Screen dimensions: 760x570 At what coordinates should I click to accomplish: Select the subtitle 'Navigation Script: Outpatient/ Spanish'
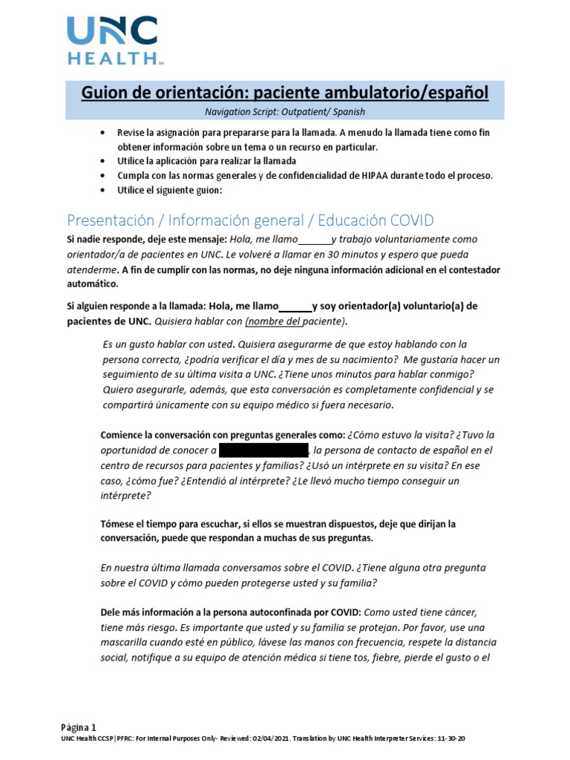(285, 112)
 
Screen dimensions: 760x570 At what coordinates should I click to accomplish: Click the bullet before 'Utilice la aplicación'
(102, 161)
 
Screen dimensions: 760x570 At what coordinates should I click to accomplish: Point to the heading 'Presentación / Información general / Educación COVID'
(250, 220)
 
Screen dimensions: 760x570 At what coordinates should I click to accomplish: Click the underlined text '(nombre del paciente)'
(295, 321)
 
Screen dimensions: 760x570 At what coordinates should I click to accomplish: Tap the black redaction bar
(263, 451)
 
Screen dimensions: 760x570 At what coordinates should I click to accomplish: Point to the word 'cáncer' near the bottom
(459, 612)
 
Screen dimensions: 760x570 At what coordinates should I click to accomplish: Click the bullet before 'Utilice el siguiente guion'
(102, 190)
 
